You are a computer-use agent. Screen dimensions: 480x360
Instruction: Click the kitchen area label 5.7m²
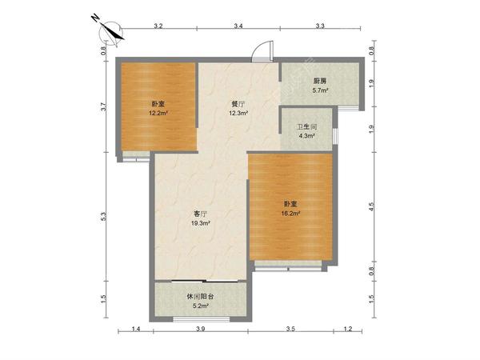click(320, 90)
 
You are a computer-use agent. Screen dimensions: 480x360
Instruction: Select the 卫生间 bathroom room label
click(307, 126)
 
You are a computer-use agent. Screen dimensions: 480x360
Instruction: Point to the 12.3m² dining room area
click(238, 113)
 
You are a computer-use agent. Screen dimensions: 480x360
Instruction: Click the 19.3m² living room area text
click(200, 223)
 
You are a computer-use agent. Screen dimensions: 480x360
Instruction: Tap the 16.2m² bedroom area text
click(290, 214)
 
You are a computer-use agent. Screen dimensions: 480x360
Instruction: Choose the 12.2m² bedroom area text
click(158, 113)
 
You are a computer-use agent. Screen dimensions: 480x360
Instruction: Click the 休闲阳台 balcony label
click(200, 296)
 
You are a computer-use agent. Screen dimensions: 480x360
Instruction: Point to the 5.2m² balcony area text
click(201, 306)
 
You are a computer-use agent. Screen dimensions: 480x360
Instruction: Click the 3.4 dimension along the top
click(238, 26)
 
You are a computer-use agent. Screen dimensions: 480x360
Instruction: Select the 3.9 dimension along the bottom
click(201, 329)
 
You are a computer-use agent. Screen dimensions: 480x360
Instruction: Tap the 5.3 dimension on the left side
click(103, 217)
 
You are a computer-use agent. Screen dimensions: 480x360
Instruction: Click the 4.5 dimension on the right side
click(372, 206)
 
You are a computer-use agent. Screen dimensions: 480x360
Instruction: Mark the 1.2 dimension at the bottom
click(348, 329)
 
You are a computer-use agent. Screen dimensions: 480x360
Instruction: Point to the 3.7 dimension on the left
click(103, 106)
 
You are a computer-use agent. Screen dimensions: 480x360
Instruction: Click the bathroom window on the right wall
click(335, 136)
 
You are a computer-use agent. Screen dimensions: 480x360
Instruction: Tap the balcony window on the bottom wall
click(202, 319)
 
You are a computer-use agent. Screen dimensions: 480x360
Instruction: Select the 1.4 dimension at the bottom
click(136, 329)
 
